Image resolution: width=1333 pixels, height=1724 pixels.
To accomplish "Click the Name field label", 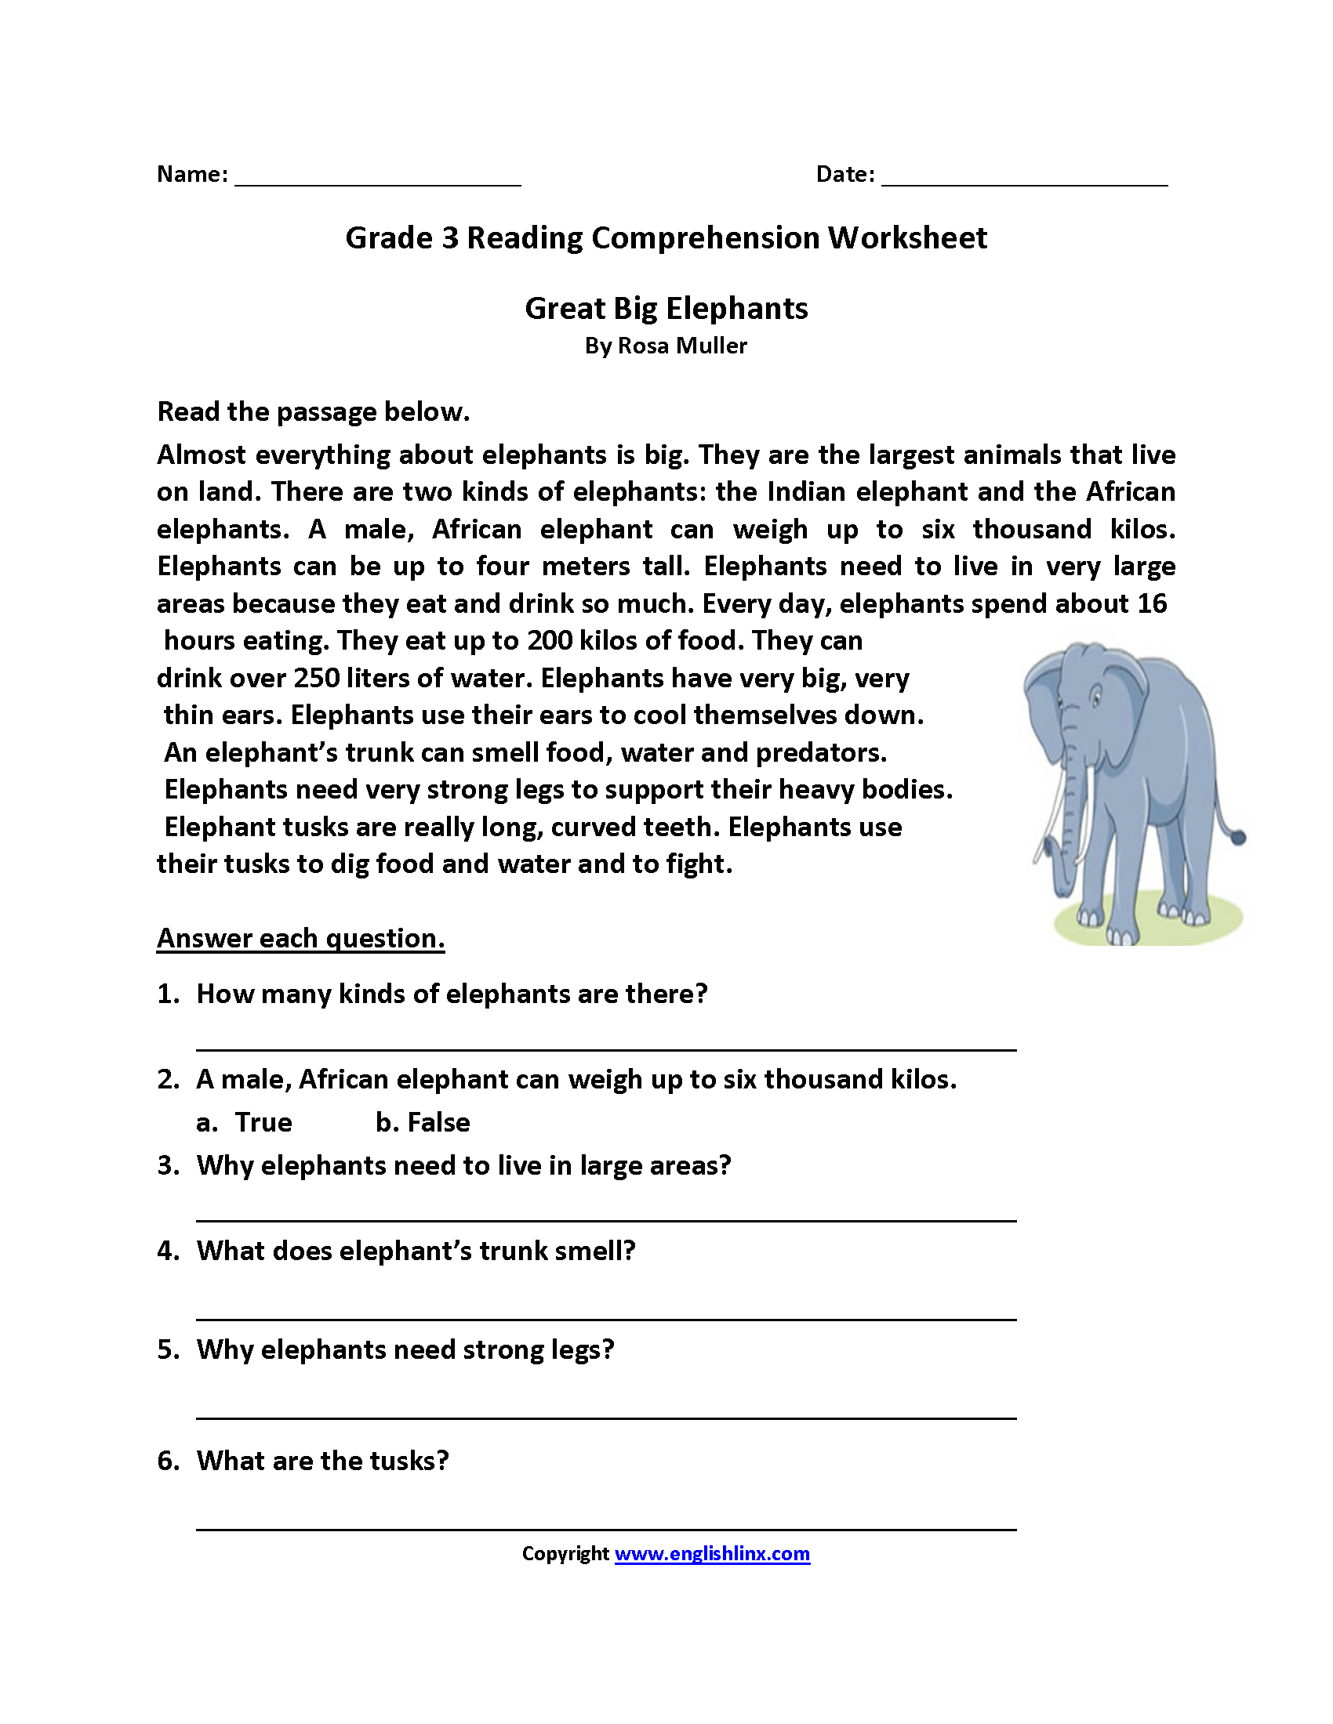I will coord(192,174).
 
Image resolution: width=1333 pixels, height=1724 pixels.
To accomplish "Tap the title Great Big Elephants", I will coord(666,308).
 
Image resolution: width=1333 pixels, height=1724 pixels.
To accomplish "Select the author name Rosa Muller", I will coord(681,346).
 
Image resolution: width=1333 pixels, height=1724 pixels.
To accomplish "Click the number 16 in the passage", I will coord(1151,603).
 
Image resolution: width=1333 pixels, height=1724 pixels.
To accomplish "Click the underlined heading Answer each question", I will coord(300,938).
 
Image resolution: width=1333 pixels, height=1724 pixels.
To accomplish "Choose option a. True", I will coord(245,1122).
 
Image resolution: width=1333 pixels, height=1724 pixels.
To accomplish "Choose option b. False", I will coord(423,1122).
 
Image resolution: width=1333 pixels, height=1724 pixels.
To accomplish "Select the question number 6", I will coord(168,1461).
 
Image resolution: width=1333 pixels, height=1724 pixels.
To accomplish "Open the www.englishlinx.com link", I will coord(711,1553).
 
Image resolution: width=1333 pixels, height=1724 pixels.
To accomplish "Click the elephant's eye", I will coord(1095,697).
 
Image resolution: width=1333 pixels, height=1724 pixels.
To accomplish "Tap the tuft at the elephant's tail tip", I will coord(1238,837).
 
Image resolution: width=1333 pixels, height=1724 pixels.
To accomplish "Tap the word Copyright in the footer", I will coord(565,1553).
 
